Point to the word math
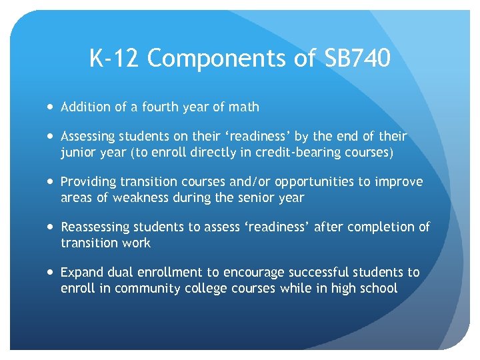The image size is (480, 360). coord(244,107)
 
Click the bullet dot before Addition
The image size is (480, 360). coord(51,107)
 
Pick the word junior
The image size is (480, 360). coord(79,152)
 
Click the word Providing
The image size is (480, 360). coord(86,182)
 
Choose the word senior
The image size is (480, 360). coord(259,197)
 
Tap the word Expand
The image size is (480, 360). coord(80,272)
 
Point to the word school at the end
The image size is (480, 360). coord(378,288)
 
